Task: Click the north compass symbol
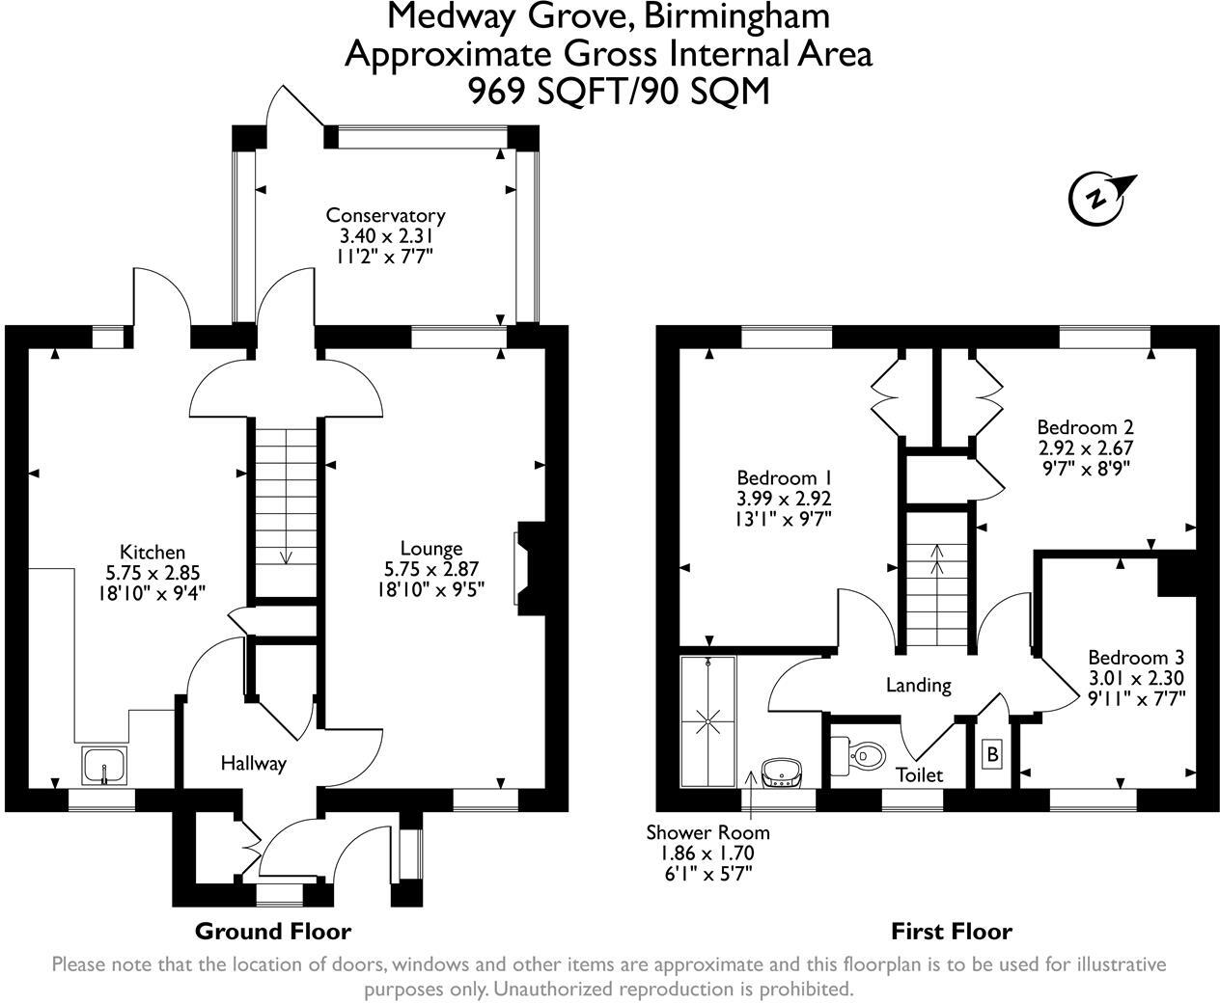1098,200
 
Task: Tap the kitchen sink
104,766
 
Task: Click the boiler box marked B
992,754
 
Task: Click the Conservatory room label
385,216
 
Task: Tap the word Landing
919,686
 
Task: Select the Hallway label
254,764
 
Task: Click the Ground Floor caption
273,932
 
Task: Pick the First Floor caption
952,932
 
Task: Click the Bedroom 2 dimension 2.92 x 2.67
1085,448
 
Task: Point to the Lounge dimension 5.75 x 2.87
431,569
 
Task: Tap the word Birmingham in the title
736,16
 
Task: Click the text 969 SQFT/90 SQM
619,92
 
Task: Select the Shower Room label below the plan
708,832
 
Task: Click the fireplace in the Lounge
529,569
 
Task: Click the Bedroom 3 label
1136,658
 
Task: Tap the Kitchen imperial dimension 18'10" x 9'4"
152,593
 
